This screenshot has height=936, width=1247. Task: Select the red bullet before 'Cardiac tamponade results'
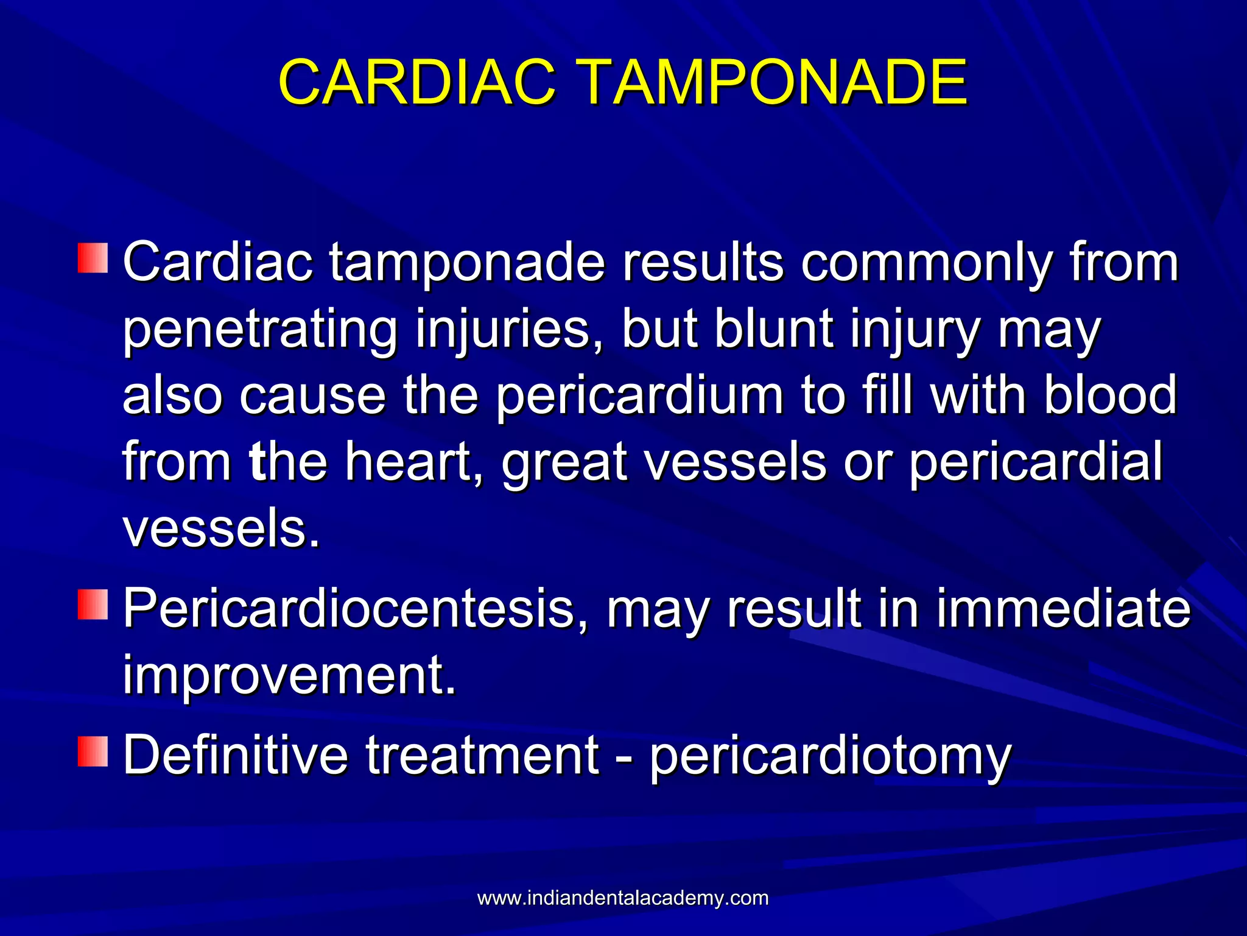[x=93, y=258]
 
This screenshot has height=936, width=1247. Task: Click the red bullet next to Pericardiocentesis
[x=93, y=604]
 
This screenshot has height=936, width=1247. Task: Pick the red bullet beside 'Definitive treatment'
[x=93, y=751]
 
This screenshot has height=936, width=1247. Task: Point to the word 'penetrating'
[x=260, y=330]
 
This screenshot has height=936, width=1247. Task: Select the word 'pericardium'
[x=639, y=396]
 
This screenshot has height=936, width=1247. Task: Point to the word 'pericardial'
[x=1036, y=463]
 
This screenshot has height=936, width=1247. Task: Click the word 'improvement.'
[x=289, y=676]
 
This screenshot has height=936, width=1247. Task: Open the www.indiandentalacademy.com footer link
[x=623, y=898]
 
